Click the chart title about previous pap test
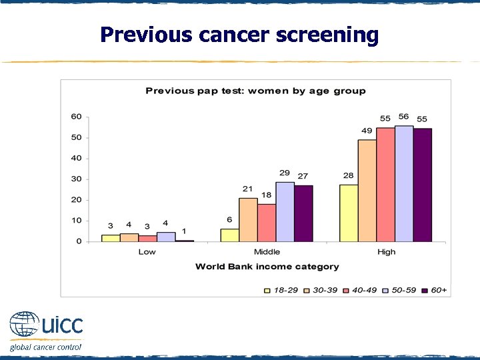(255, 91)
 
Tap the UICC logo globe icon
(25, 326)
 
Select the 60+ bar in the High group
(422, 185)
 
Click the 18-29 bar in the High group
(349, 213)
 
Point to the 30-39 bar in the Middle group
(248, 219)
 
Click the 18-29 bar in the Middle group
(229, 235)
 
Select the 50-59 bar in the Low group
(166, 237)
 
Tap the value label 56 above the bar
(404, 117)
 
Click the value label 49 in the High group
(367, 131)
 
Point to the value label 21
(247, 189)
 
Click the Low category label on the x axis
(147, 252)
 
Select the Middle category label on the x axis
(267, 252)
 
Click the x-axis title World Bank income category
(267, 267)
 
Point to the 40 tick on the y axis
(77, 158)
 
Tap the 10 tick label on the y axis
(77, 221)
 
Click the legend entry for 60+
(434, 290)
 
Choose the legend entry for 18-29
(281, 290)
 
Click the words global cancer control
(45, 347)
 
